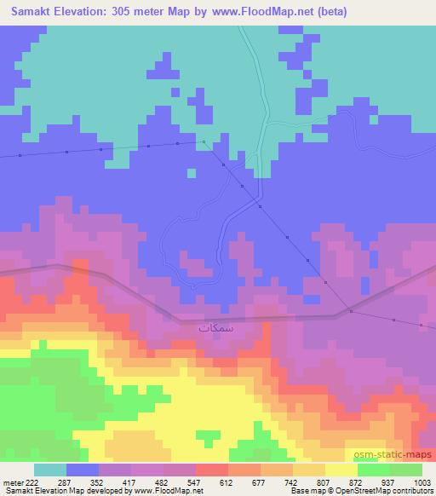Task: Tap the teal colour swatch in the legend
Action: pyautogui.click(x=49, y=470)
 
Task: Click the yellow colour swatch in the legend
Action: pyautogui.click(x=341, y=470)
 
